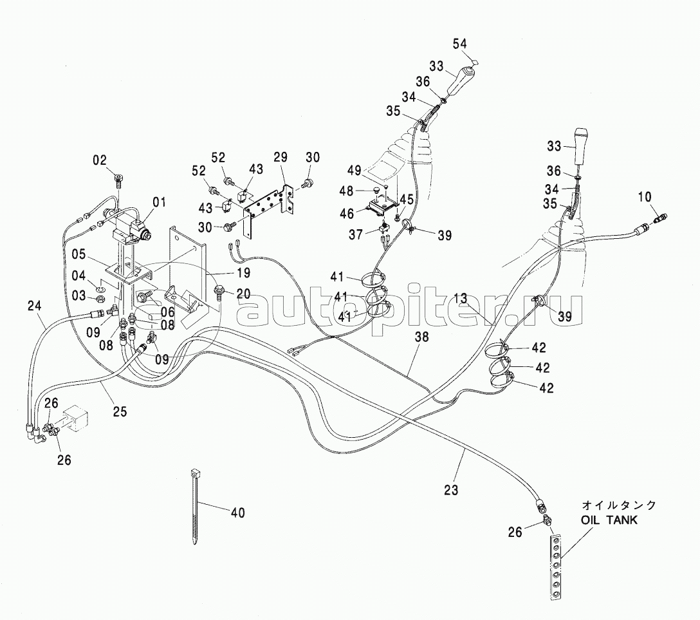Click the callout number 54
tap(460, 44)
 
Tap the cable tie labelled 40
tap(194, 506)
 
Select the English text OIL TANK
tap(609, 520)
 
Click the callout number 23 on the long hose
tap(452, 490)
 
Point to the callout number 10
tap(645, 196)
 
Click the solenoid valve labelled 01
tap(129, 225)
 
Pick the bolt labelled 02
tap(120, 181)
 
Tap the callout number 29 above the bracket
tap(281, 157)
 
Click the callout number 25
tap(120, 411)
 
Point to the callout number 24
tap(34, 306)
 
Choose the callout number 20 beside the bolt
tap(243, 294)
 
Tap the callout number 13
tap(460, 298)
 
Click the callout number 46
tap(346, 214)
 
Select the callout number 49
tap(354, 170)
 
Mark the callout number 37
tap(355, 234)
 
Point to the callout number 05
tap(78, 254)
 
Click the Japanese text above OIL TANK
tap(619, 505)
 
